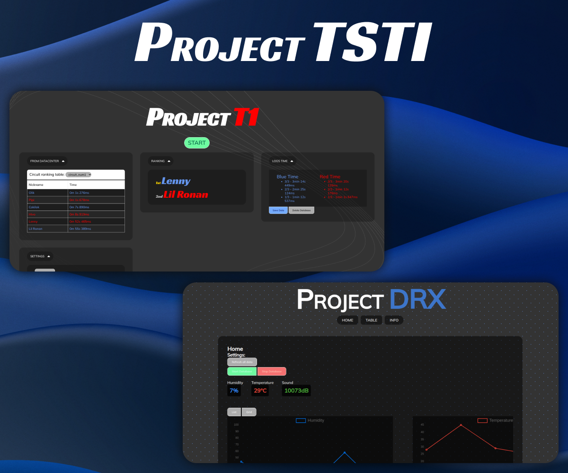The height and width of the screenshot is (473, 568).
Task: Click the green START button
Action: [x=196, y=143]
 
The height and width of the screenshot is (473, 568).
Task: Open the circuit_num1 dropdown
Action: [x=79, y=175]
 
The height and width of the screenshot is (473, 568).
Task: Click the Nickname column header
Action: [x=36, y=185]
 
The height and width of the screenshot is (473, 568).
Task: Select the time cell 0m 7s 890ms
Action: [x=79, y=207]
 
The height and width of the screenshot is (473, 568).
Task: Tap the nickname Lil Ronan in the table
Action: [x=35, y=229]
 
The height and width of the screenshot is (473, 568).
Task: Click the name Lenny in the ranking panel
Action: [x=176, y=181]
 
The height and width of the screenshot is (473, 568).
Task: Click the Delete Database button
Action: [x=302, y=210]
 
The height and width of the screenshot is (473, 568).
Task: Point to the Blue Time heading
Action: [x=287, y=176]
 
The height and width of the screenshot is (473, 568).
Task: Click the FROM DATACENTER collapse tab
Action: [x=47, y=161]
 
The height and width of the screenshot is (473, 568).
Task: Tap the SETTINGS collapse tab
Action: [x=40, y=256]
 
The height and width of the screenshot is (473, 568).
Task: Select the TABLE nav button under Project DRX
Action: [x=371, y=320]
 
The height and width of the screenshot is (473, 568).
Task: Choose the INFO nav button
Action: [x=394, y=320]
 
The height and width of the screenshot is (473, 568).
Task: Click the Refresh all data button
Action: [x=242, y=362]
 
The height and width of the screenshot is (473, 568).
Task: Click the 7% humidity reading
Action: [x=234, y=391]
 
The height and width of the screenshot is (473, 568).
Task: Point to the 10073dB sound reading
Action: [x=296, y=391]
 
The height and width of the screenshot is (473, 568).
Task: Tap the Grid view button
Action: [x=249, y=412]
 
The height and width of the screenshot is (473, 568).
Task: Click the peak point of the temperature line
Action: [x=461, y=425]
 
